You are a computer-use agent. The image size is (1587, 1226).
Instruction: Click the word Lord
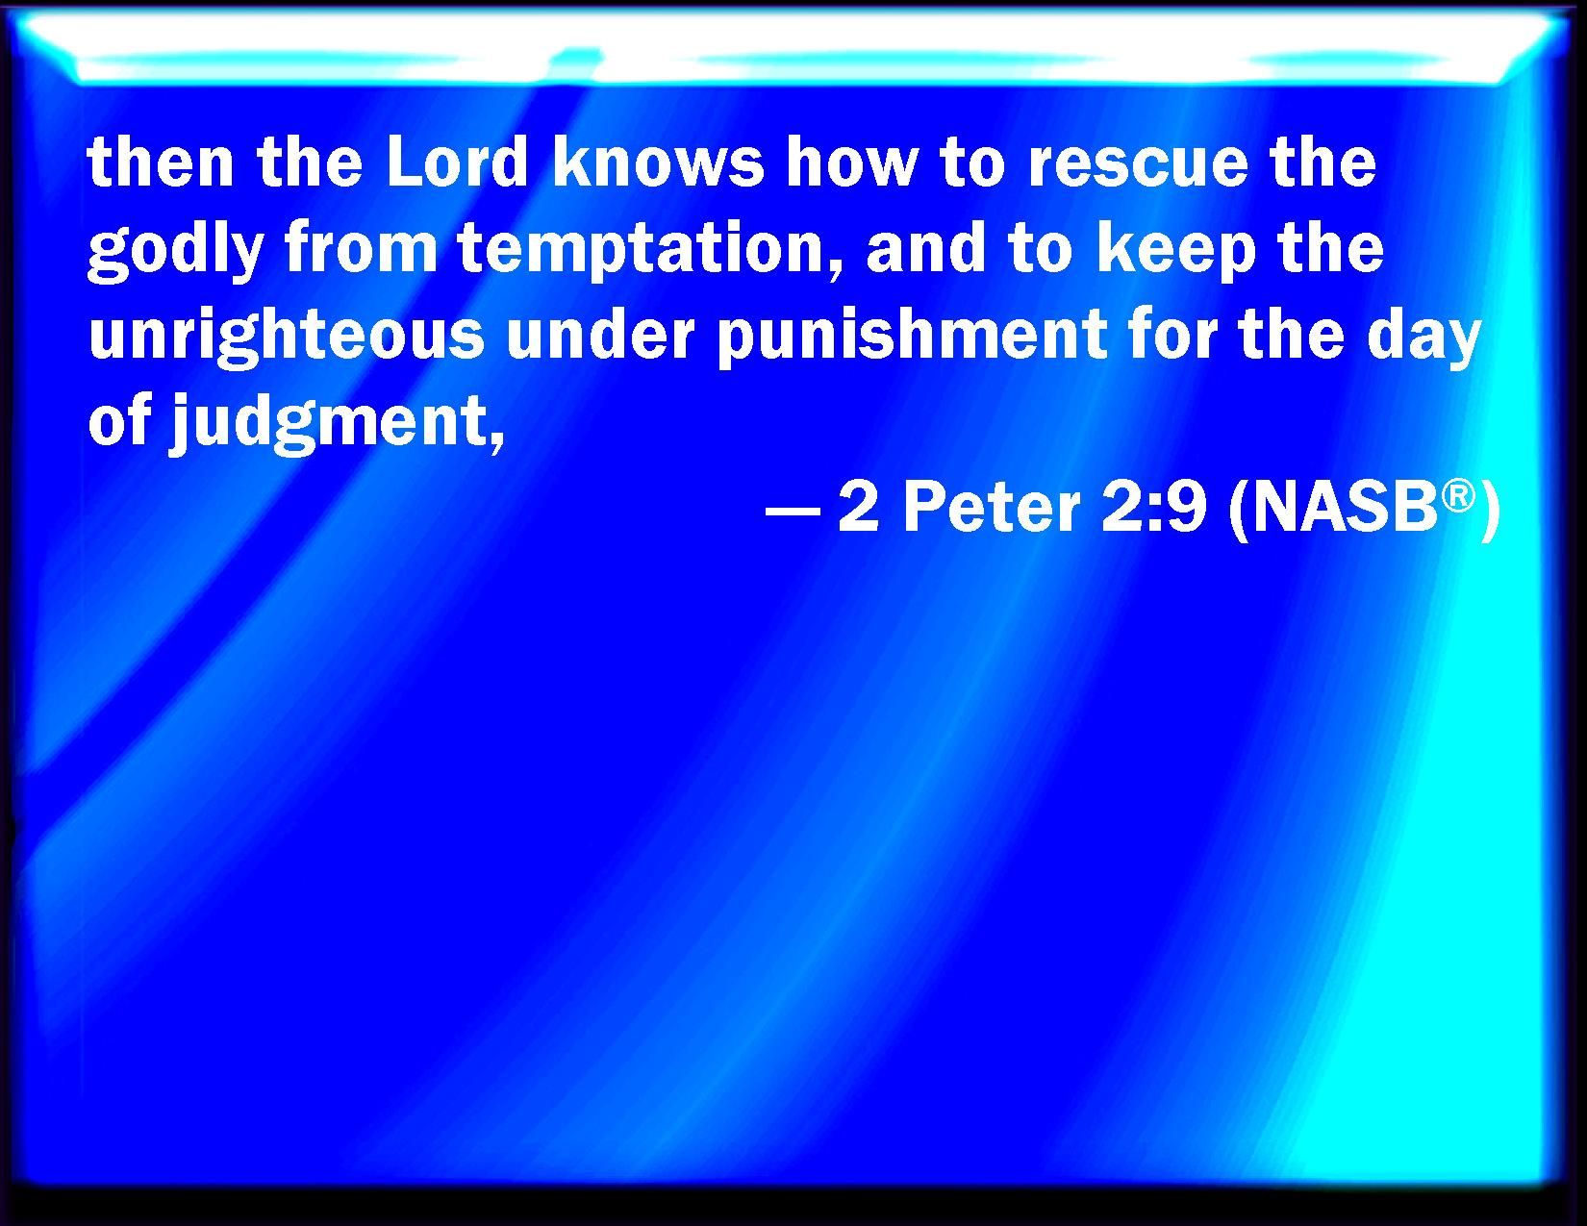457,162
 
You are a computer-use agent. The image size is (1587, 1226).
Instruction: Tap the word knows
658,162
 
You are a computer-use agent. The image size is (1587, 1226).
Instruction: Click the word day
1423,338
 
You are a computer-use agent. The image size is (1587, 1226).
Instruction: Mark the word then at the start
161,162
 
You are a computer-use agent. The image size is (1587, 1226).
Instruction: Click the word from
361,247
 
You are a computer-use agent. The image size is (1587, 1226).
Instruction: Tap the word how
851,162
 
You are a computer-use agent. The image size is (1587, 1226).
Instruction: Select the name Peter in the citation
992,508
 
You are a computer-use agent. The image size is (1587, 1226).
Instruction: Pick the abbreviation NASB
1347,508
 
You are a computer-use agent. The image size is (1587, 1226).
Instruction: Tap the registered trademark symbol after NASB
1458,496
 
